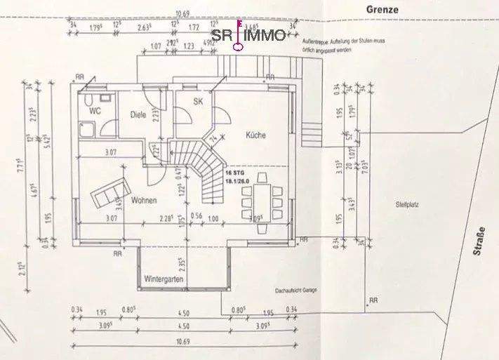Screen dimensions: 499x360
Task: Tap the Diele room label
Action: click(138, 114)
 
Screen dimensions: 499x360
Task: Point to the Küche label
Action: click(255, 135)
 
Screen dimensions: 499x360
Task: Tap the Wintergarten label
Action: click(164, 279)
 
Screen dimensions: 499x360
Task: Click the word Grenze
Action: click(382, 9)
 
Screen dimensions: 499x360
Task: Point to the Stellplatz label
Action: click(406, 204)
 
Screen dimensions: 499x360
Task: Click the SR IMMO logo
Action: click(249, 34)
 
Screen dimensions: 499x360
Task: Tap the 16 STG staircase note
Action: click(233, 172)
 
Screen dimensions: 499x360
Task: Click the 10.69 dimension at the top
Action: click(183, 13)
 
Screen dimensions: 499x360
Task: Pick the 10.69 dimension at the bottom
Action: click(184, 340)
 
